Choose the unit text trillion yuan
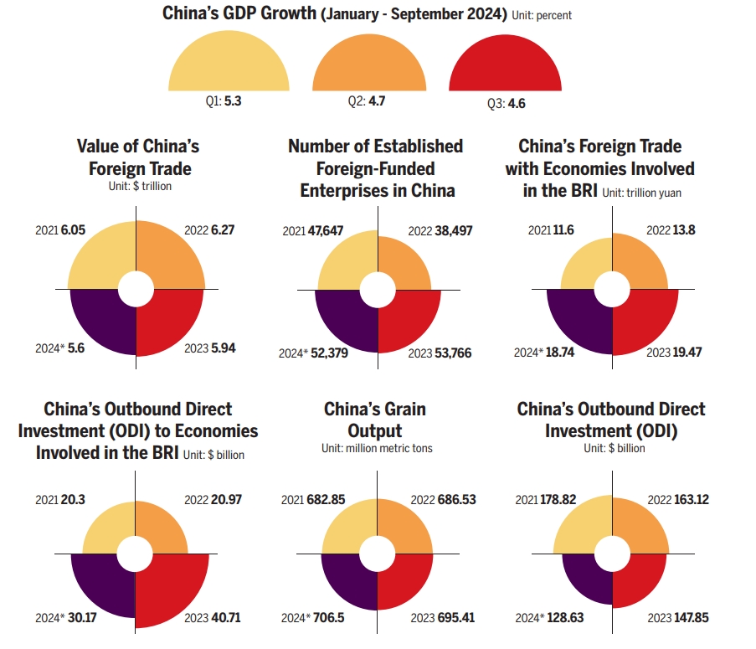[x=660, y=193]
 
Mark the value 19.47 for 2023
[x=686, y=353]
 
